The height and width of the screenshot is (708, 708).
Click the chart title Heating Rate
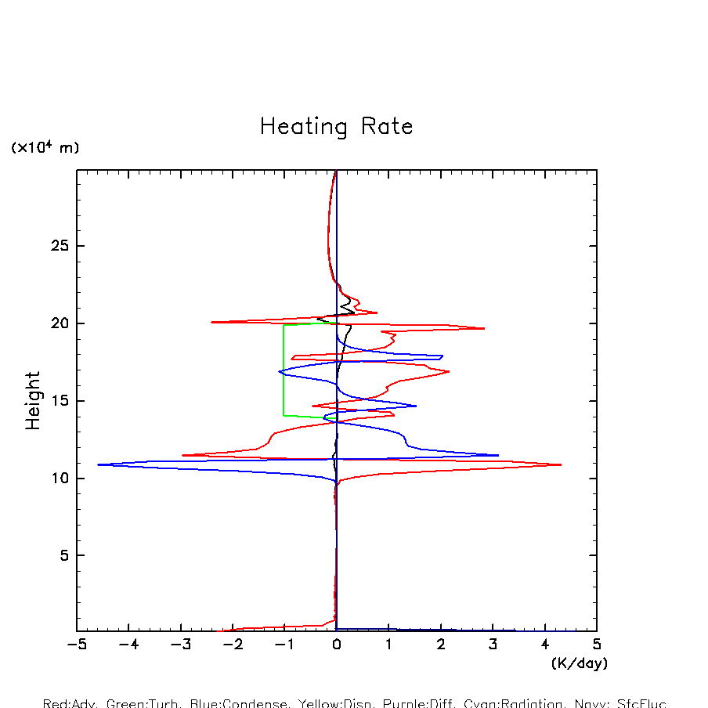336,127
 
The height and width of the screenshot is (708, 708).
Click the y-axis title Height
33,401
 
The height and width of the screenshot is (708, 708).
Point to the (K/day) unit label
579,663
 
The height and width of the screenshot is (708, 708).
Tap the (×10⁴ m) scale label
45,148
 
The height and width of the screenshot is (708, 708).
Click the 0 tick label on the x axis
337,645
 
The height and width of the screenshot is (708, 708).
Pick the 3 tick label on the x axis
493,645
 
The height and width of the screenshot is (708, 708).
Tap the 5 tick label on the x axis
597,645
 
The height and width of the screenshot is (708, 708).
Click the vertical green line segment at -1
284,368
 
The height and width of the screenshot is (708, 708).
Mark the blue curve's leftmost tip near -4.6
99,464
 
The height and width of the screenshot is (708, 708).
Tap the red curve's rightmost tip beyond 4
560,464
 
